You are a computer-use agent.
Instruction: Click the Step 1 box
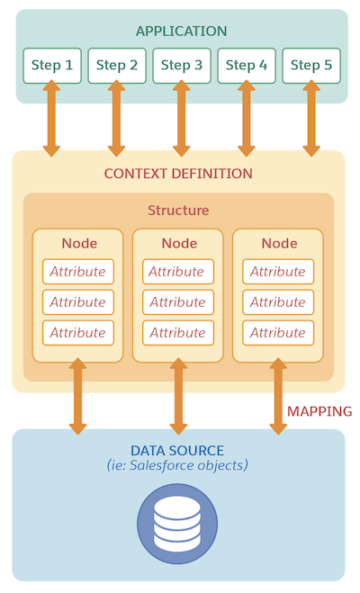coord(52,66)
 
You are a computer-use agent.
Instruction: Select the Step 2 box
coord(117,66)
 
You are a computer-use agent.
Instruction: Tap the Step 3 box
coord(182,66)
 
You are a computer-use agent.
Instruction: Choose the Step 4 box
coord(247,66)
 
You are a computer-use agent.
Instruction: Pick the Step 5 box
coord(311,66)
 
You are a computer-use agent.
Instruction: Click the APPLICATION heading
coord(181,31)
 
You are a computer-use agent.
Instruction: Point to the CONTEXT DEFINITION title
coord(178,174)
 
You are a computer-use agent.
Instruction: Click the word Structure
coord(178,211)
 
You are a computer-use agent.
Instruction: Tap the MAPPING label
coord(319,411)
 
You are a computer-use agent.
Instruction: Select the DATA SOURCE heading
coord(177,450)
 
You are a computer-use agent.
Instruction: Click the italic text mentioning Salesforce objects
coord(177,466)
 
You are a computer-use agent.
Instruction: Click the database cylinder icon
coord(177,524)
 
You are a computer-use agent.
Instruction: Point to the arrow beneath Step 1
coord(52,118)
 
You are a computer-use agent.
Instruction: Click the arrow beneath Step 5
coord(311,118)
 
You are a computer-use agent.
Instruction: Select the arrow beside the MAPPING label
coord(278,396)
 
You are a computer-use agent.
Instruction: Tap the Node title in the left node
coord(79,244)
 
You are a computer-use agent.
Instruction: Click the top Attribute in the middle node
coord(177,272)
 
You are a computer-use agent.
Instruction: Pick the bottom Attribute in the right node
coord(277,333)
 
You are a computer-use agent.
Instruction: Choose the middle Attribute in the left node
coord(78,302)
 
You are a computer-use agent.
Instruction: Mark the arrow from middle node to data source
coord(178,396)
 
